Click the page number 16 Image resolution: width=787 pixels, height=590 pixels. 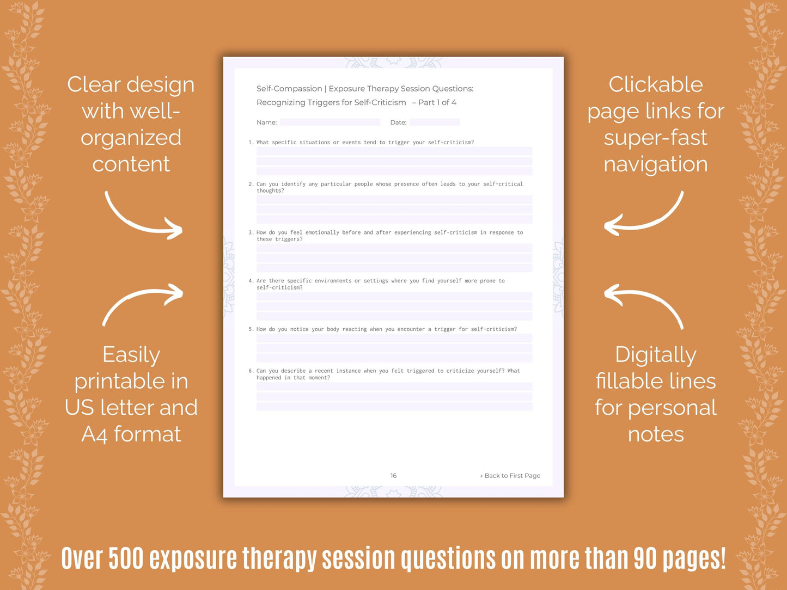coord(393,476)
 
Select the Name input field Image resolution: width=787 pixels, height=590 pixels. coord(330,122)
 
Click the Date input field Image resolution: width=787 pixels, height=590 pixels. coord(435,122)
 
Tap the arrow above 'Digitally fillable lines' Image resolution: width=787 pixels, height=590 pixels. coord(644,305)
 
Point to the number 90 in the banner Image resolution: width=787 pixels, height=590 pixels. coord(645,558)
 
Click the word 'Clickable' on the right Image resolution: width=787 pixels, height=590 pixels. coord(656,85)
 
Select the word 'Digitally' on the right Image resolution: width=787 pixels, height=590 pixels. coord(656,355)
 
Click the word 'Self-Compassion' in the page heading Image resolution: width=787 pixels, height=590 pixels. coord(289,89)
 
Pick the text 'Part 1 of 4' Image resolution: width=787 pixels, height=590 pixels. coord(437,102)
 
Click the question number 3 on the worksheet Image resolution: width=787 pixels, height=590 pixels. coord(251,232)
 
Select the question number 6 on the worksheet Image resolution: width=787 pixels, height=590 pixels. coord(251,371)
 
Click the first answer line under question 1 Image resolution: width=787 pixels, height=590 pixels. coord(394,151)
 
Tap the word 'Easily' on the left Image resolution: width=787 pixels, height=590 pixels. coord(131,355)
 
